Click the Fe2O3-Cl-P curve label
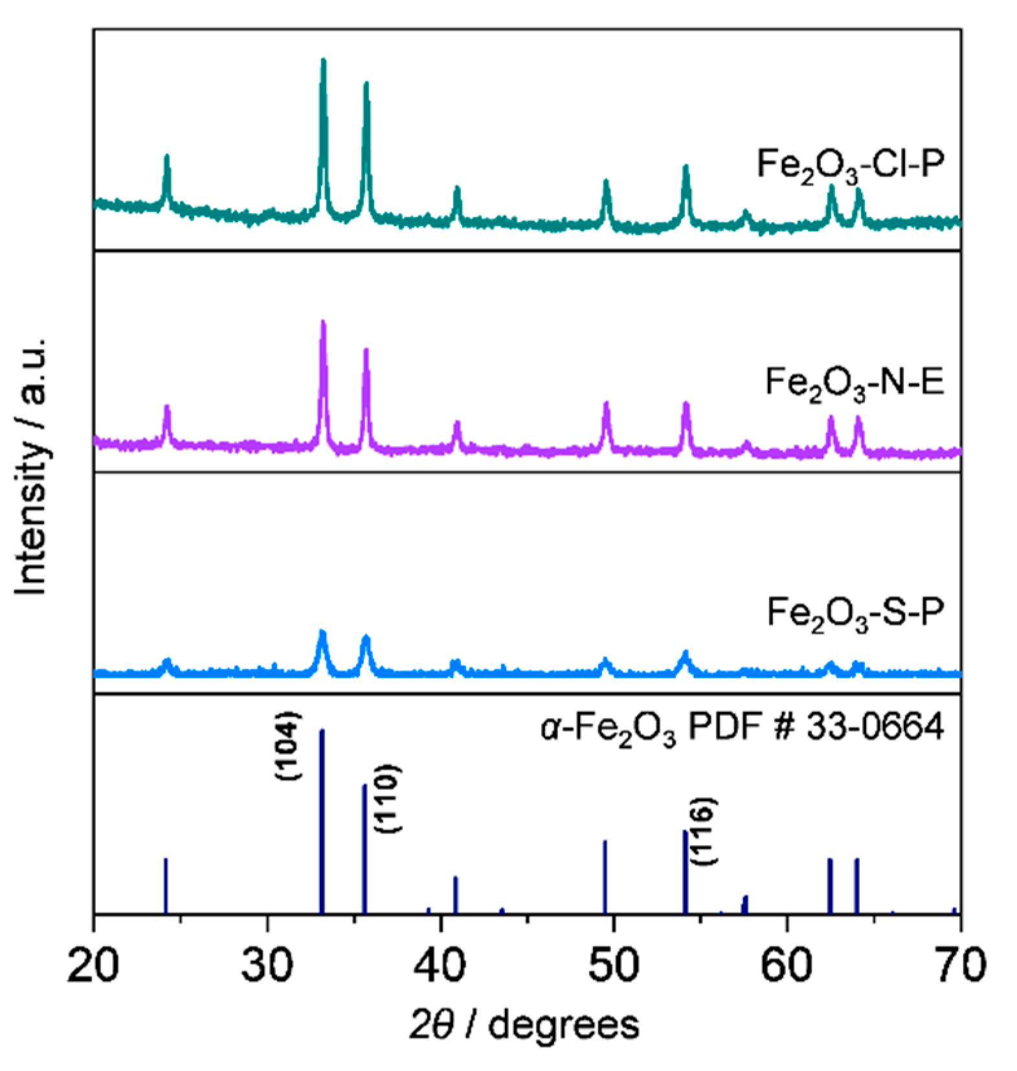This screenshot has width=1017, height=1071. click(x=850, y=165)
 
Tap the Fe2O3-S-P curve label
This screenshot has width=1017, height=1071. click(x=855, y=612)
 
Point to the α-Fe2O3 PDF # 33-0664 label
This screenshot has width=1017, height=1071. click(x=742, y=729)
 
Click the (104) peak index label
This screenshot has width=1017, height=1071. click(x=288, y=745)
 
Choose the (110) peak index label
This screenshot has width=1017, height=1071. click(x=388, y=798)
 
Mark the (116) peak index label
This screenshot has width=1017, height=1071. click(x=703, y=831)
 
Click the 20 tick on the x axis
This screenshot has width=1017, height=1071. click(x=94, y=964)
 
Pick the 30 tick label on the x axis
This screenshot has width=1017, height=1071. click(x=267, y=964)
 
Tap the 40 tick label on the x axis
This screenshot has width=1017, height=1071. click(x=441, y=964)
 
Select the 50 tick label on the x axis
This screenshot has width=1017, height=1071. click(x=614, y=964)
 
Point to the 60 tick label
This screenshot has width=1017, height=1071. click(x=787, y=964)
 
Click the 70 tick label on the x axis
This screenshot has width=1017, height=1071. click(x=960, y=964)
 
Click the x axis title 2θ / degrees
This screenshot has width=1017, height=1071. click(x=524, y=1025)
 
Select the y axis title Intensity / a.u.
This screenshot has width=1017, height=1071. click(x=31, y=466)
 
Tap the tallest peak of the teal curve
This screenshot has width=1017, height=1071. click(x=323, y=62)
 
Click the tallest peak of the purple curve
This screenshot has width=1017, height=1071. click(x=323, y=323)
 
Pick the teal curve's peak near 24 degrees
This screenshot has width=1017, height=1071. click(x=167, y=157)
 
